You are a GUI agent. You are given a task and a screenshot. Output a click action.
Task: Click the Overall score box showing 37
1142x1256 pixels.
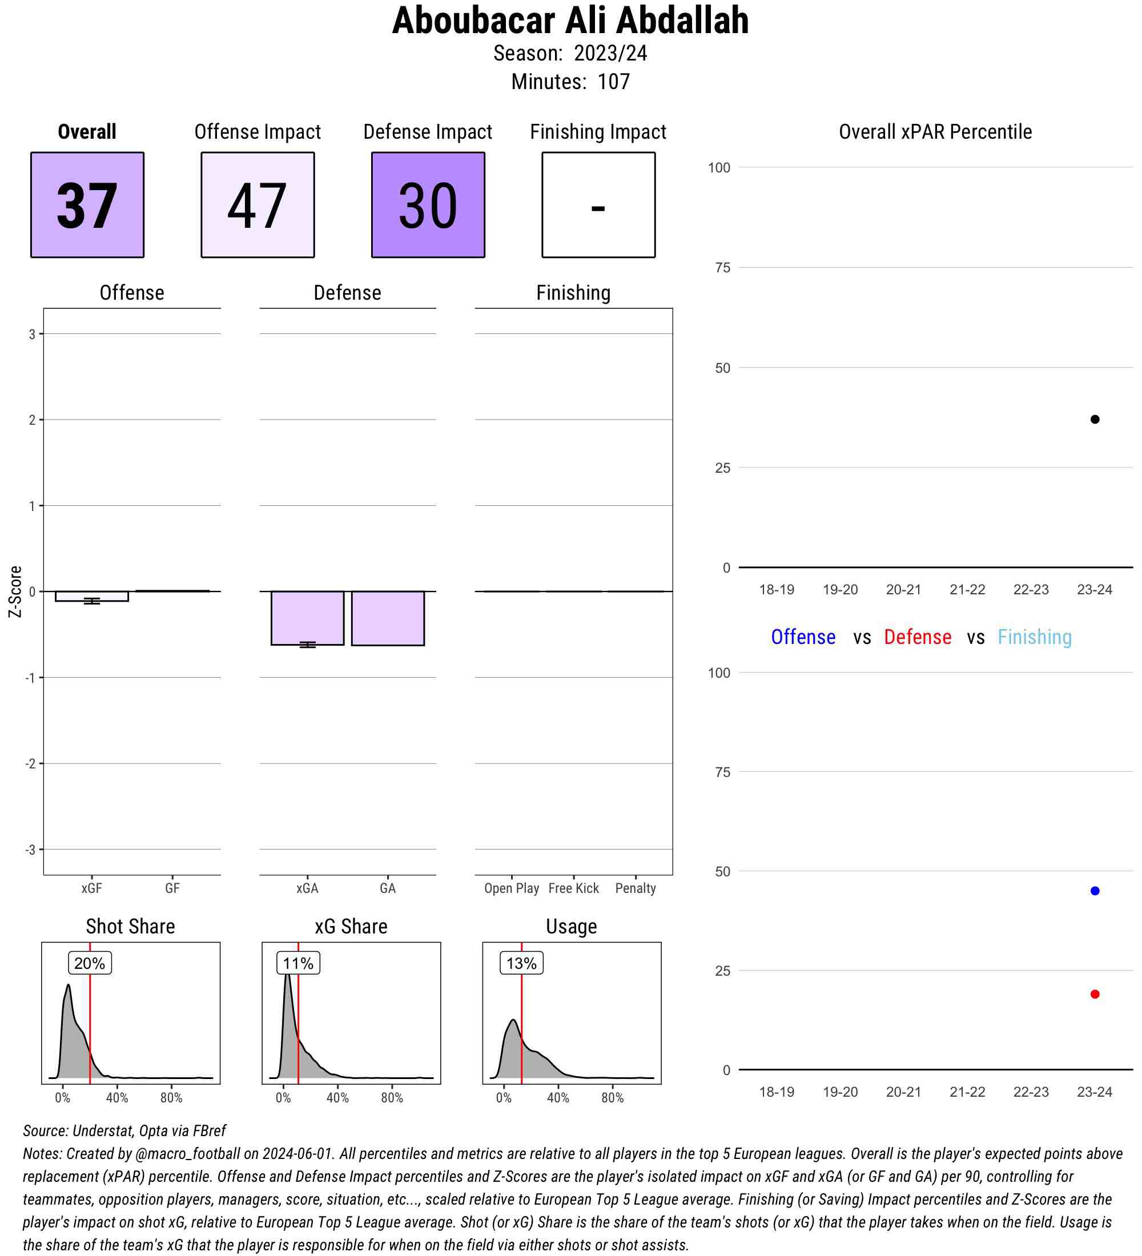87,204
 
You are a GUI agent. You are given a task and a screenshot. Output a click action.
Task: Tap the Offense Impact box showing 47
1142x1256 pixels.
258,204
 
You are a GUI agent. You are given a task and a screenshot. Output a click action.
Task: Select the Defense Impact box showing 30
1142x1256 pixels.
428,204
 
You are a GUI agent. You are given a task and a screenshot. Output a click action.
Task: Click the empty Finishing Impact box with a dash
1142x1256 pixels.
598,204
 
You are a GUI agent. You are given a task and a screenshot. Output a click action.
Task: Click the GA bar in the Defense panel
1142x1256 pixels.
388,618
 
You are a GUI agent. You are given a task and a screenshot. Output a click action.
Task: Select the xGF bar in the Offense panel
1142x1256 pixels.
91,596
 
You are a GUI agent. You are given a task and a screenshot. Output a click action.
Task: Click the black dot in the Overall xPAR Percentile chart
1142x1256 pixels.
1095,419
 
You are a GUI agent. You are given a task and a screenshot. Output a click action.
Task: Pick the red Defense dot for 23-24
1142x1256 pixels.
1095,995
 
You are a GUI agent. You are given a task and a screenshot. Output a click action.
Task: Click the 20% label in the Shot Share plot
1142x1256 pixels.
90,963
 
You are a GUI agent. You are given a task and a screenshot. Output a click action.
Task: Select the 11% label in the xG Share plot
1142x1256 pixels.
299,963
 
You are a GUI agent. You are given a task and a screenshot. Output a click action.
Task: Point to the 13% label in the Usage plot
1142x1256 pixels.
521,963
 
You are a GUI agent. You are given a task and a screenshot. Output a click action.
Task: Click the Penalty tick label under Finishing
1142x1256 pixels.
636,888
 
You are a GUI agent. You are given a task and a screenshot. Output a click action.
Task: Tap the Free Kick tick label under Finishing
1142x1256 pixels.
573,888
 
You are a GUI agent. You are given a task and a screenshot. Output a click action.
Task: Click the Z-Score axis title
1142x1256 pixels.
15,591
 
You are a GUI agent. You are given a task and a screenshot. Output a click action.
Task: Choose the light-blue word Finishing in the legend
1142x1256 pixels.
1034,637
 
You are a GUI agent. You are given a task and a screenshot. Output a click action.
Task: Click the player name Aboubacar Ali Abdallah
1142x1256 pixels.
570,21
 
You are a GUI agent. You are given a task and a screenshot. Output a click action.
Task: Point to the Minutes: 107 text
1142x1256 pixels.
570,82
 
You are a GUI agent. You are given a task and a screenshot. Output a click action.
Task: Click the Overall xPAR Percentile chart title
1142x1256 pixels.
935,132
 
